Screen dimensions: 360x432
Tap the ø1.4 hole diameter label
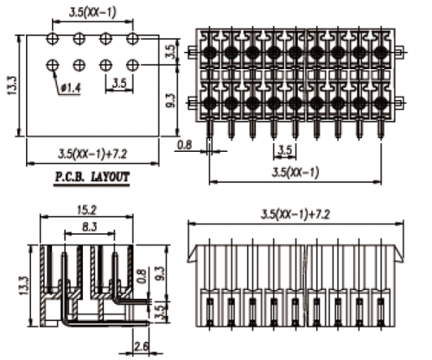71,88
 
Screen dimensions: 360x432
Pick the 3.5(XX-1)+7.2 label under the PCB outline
92,154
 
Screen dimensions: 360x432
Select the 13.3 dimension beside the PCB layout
11,85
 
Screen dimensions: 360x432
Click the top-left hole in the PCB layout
54,40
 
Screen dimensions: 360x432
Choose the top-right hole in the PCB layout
133,40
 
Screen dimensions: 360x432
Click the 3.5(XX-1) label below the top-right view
295,172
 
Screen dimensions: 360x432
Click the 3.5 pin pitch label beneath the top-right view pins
283,150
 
